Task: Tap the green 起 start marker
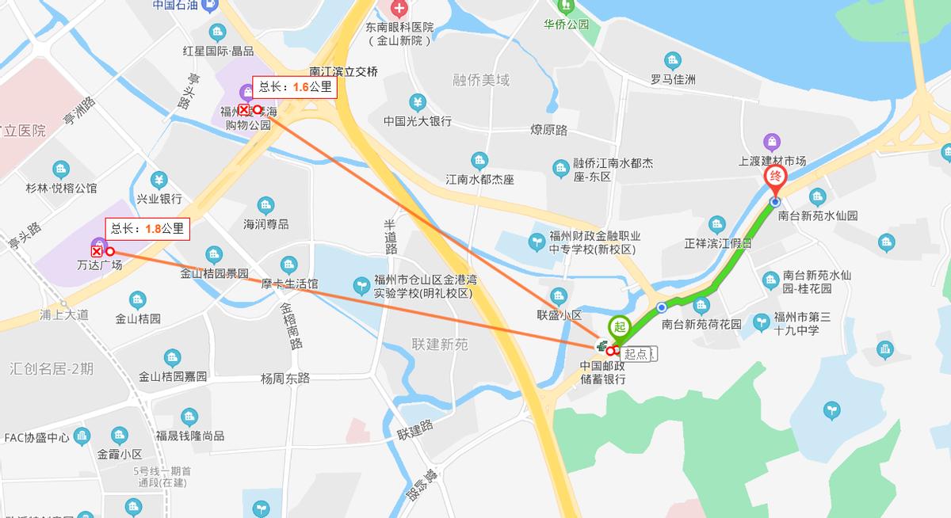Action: (x=620, y=326)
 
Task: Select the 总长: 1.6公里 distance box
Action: (x=295, y=87)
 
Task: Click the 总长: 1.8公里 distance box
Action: (x=147, y=228)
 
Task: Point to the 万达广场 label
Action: (x=100, y=265)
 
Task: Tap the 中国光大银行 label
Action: (x=418, y=121)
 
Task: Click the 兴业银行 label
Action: (x=159, y=199)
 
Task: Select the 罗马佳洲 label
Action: (x=673, y=79)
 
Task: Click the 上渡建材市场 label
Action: (x=772, y=161)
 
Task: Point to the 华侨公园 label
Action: (x=566, y=24)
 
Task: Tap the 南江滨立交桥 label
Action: (x=344, y=71)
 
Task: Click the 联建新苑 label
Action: (x=440, y=345)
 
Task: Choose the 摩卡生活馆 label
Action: (x=290, y=283)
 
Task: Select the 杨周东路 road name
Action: (x=285, y=379)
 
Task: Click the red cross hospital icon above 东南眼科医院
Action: (x=399, y=10)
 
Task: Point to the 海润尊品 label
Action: (x=266, y=224)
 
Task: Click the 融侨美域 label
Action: (x=481, y=80)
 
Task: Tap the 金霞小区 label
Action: (x=120, y=455)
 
